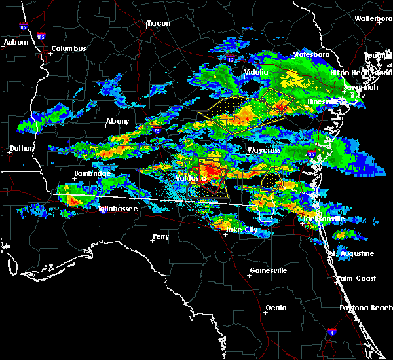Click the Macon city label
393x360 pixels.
[x=158, y=24]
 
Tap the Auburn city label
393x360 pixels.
[x=16, y=42]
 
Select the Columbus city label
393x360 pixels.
[x=69, y=48]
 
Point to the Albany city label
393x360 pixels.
[x=119, y=121]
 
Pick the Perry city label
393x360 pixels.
[x=160, y=236]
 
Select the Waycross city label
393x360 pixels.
[x=264, y=150]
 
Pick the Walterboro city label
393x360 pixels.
[x=373, y=18]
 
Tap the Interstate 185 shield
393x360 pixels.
[x=41, y=37]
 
